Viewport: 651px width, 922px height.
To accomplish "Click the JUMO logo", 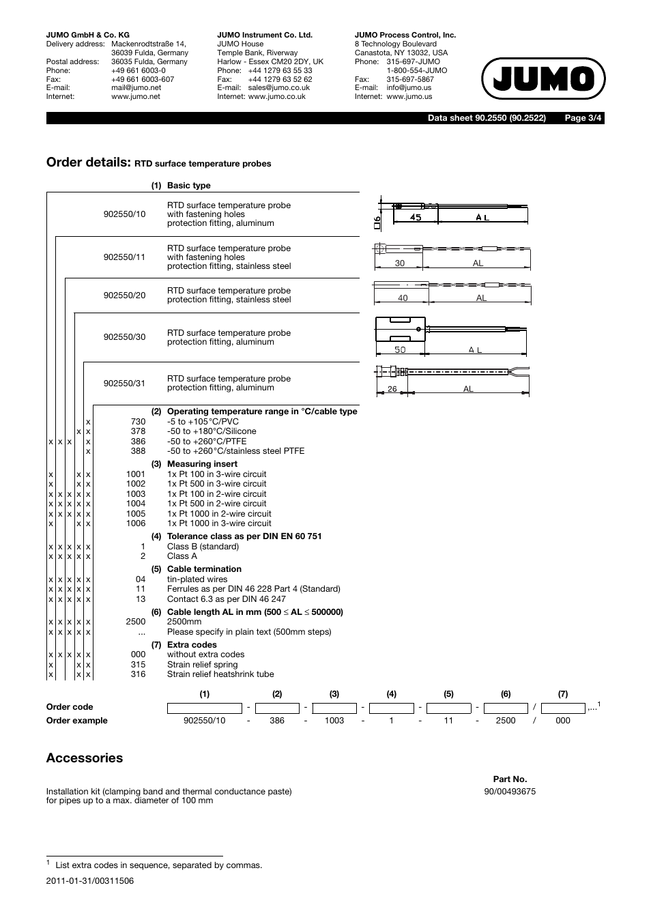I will [543, 79].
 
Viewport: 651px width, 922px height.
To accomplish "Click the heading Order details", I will [88, 162].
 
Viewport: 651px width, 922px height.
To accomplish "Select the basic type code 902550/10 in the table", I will [124, 214].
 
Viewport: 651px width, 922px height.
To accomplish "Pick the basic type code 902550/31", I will [124, 384].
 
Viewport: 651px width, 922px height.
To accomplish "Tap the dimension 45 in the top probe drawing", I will [416, 218].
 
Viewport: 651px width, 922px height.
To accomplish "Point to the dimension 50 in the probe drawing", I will [400, 350].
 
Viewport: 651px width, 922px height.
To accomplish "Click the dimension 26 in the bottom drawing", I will [392, 389].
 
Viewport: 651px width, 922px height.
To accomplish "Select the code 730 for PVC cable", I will [138, 422].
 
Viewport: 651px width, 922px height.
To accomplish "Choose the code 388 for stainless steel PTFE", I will [138, 451].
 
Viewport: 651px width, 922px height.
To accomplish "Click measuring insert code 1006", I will [136, 523].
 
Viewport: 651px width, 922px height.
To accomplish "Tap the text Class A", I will [182, 556].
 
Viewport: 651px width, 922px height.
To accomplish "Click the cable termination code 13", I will [141, 599].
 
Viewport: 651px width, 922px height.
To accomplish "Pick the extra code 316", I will [138, 674].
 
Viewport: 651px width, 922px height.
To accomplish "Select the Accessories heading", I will [85, 758].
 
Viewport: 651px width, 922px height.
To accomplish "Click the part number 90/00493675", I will [510, 792].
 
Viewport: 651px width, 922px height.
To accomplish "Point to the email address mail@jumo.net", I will [136, 88].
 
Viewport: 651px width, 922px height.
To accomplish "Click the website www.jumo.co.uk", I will [276, 97].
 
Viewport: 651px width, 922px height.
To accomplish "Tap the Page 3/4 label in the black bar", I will [583, 118].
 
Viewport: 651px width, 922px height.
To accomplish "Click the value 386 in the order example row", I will [277, 721].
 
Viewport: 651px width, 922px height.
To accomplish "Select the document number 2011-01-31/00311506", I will [90, 881].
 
